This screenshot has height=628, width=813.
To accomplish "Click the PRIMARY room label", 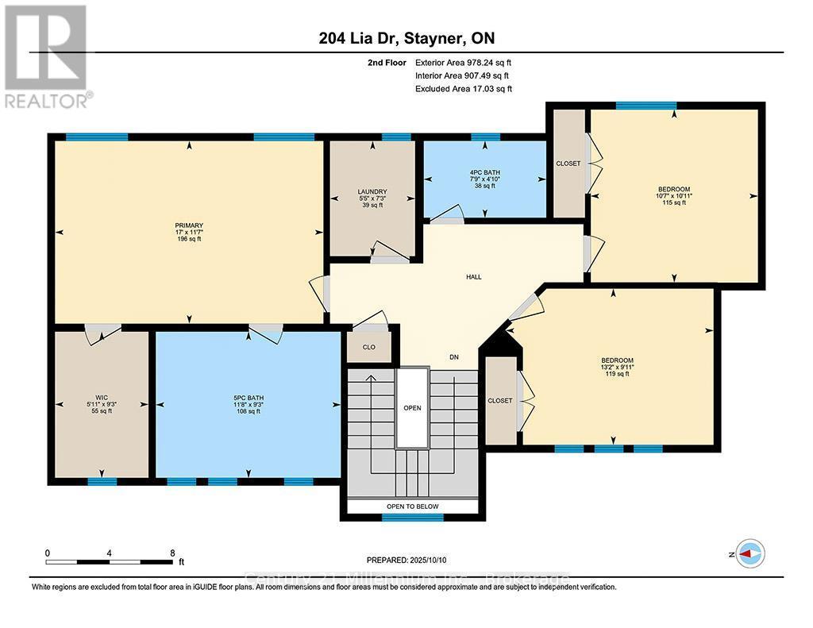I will click(x=189, y=225).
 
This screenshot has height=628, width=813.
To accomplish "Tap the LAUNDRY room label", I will click(x=372, y=191).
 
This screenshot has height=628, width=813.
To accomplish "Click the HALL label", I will click(x=474, y=277).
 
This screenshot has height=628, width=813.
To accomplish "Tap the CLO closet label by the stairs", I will click(x=369, y=347).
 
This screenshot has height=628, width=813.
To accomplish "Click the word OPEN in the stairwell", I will click(x=412, y=408).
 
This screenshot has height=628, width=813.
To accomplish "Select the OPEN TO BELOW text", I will click(x=412, y=506).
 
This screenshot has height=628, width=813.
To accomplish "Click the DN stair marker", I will click(x=454, y=358).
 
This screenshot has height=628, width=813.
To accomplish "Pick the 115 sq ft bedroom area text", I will click(x=674, y=202).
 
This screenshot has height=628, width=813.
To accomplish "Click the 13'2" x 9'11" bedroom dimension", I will click(x=616, y=367).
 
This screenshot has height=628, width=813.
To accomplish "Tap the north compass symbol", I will click(x=749, y=553).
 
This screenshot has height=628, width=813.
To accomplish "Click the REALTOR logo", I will click(x=48, y=56).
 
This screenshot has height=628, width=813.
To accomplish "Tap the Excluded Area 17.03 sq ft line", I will click(x=464, y=90).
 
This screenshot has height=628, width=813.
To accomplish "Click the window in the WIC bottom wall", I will click(x=102, y=480).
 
